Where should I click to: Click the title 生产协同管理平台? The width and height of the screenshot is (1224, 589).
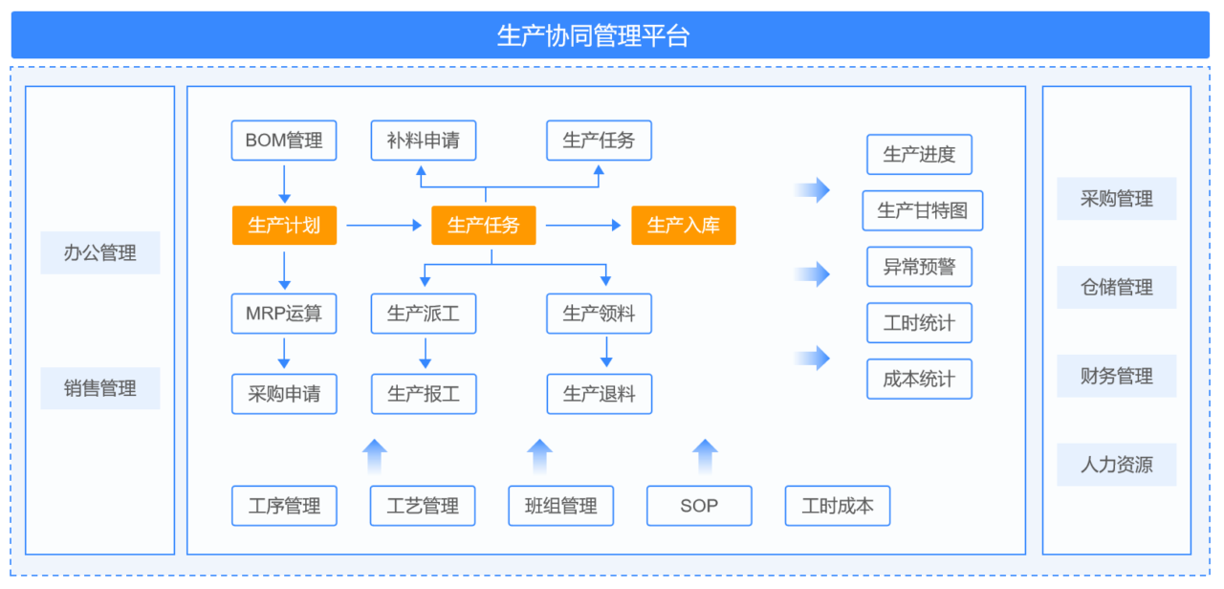pos(593,35)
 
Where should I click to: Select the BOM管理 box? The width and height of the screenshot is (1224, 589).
pos(284,141)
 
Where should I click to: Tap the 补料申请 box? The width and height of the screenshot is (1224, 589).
pos(424,141)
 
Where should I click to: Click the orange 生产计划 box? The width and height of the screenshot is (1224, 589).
pos(284,225)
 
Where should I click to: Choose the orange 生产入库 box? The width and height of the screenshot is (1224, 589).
pos(684,225)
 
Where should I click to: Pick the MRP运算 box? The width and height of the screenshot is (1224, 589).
pos(284,314)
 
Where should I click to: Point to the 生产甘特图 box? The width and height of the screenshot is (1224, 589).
pos(923,210)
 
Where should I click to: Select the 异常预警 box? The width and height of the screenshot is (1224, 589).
pos(919,267)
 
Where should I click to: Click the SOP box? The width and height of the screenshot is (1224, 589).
pos(699,506)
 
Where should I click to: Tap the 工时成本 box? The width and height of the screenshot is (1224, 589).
pos(838,506)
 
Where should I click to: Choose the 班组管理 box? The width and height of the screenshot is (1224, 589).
pos(561,506)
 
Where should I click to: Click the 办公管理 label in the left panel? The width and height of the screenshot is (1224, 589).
pos(100,253)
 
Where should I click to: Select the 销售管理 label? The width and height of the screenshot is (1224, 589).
pos(100,388)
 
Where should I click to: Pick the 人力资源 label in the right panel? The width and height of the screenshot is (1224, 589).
pos(1116,465)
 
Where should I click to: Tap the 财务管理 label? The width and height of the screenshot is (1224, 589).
pos(1116,376)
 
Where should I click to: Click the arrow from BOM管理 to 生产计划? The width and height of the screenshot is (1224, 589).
pos(284,185)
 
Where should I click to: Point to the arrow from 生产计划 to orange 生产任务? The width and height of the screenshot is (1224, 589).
pos(384,225)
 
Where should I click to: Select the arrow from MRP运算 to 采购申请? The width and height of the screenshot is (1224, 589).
pos(284,354)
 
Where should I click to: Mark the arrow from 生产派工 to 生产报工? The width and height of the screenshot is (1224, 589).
pos(426,354)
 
